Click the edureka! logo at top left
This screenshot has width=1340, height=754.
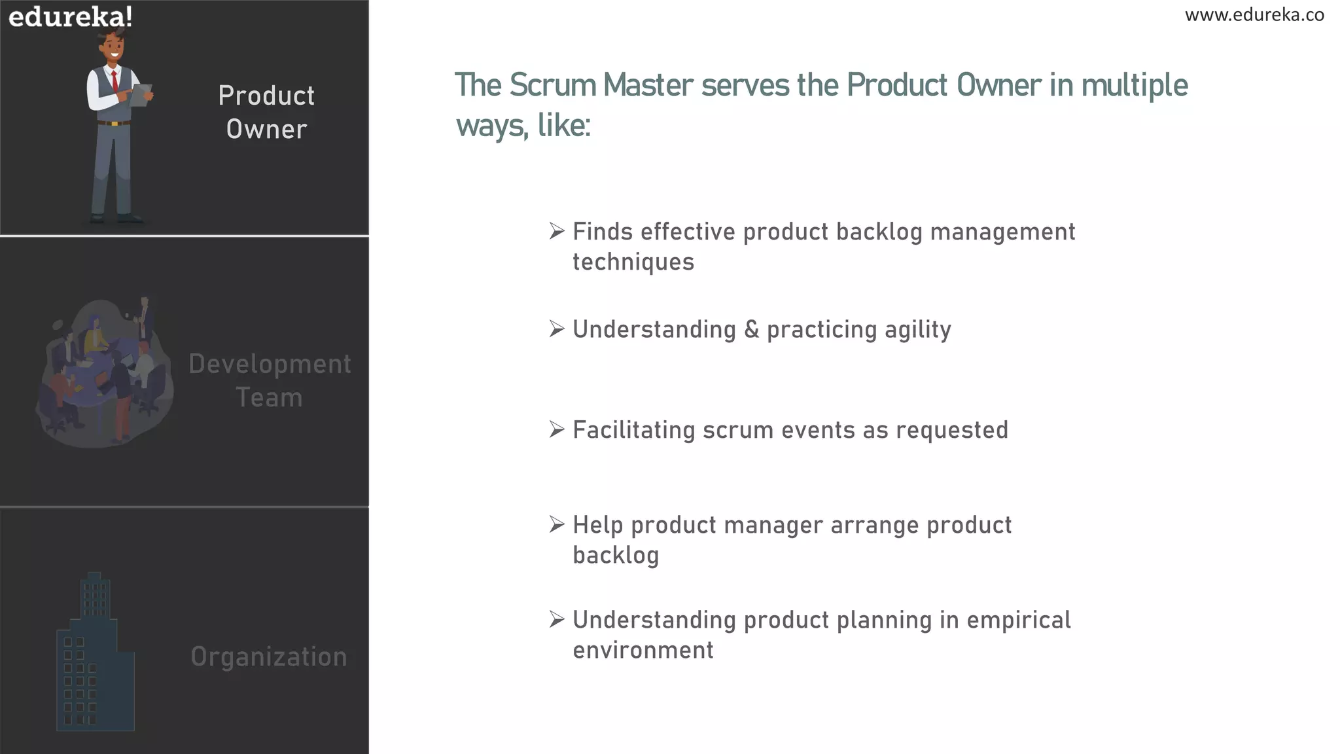(70, 16)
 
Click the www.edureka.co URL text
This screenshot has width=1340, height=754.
(1254, 15)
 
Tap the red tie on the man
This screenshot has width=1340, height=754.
(115, 81)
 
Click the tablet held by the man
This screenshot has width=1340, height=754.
(140, 96)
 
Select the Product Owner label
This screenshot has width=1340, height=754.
(266, 113)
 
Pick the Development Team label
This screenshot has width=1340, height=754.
(270, 381)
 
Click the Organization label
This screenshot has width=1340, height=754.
(269, 656)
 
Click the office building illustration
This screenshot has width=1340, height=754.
(96, 655)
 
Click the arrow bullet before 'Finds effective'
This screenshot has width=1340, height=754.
(556, 231)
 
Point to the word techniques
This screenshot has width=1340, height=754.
(633, 262)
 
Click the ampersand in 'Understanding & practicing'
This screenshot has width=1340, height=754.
(751, 329)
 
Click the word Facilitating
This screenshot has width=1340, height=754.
(633, 430)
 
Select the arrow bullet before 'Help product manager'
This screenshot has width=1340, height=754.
(556, 524)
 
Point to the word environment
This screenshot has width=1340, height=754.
(643, 650)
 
